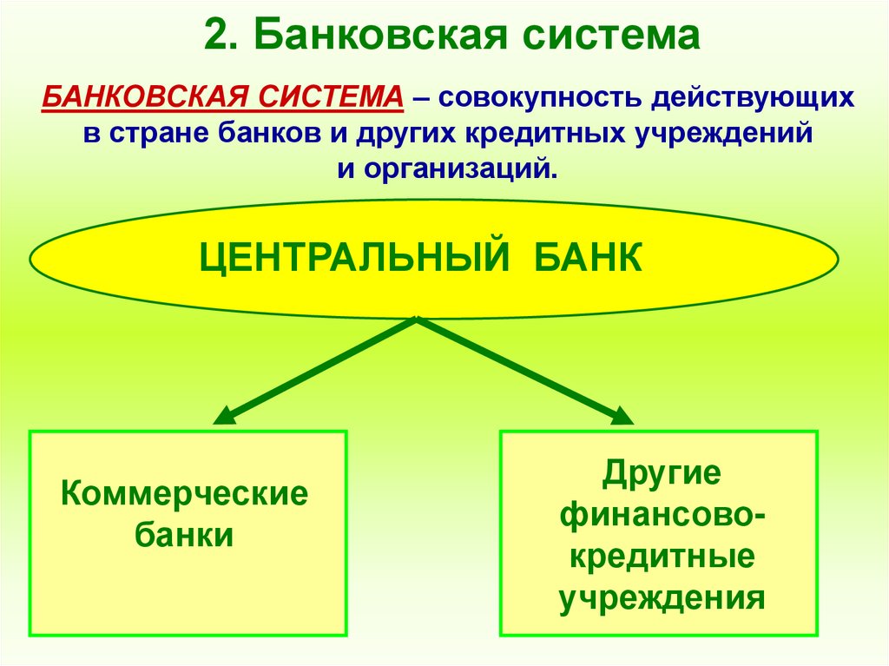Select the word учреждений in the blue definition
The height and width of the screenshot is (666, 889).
point(721,134)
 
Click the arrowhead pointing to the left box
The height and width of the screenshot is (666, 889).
point(222,416)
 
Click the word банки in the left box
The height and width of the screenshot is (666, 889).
point(185,535)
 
